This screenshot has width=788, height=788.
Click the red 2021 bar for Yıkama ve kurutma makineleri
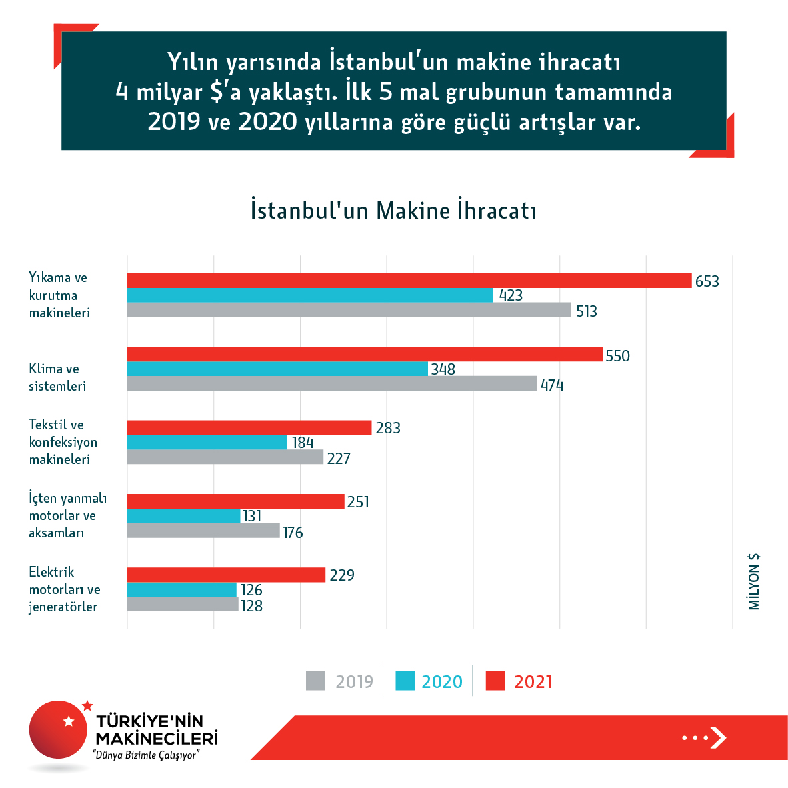409,281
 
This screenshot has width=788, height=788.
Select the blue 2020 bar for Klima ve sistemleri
277,369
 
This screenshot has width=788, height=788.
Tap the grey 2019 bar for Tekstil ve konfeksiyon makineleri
225,457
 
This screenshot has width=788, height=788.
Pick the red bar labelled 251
235,501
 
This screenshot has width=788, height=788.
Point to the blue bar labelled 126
181,589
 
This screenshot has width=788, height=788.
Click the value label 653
707,281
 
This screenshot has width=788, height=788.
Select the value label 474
552,385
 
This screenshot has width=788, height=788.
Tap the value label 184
303,443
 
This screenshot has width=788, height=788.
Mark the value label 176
293,532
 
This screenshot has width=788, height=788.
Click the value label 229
342,575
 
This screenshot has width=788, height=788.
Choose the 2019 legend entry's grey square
315,681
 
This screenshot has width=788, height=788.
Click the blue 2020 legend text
441,681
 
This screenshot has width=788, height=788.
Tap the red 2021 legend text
533,681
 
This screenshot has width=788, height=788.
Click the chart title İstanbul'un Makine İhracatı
393,210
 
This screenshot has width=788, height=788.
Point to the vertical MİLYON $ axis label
754,581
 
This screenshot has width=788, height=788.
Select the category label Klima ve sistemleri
57,377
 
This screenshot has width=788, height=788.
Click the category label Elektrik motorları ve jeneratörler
64,589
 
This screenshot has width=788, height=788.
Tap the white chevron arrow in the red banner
717,737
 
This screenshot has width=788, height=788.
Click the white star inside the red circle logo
68,721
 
